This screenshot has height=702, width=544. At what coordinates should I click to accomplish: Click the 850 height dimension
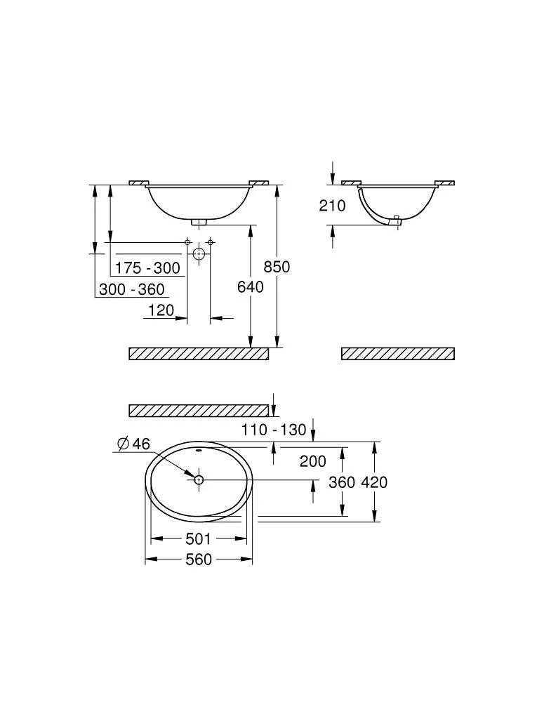tap(277, 267)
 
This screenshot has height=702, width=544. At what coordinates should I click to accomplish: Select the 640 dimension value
tap(251, 287)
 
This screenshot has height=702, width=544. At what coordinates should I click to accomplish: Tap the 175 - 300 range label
tap(147, 268)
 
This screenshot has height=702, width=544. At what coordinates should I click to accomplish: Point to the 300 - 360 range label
tap(132, 289)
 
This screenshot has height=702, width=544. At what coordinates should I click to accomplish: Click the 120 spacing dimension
tap(161, 310)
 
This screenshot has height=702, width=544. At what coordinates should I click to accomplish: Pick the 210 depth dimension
tap(332, 206)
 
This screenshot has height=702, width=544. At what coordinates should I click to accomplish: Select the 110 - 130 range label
tap(274, 430)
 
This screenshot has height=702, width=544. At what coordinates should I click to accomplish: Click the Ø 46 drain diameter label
tap(133, 444)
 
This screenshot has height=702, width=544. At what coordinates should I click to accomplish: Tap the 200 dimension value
tap(313, 461)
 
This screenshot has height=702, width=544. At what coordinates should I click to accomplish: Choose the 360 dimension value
tap(342, 482)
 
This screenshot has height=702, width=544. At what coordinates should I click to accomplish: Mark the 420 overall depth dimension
tap(374, 482)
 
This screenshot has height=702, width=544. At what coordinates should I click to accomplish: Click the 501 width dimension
tap(198, 539)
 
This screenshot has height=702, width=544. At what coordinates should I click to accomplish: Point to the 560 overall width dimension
tap(199, 559)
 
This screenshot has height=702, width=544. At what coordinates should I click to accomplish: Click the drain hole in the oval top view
tap(199, 480)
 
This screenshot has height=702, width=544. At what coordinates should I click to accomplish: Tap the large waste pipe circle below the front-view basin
tap(199, 254)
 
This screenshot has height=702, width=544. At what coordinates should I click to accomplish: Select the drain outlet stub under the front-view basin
tap(199, 222)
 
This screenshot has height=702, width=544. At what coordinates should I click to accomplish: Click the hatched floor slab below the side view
tap(398, 353)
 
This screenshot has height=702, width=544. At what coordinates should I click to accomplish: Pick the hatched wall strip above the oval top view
tap(199, 411)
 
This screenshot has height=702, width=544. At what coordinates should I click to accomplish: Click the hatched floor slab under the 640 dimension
tap(199, 353)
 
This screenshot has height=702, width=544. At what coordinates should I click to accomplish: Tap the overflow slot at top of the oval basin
tap(199, 450)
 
